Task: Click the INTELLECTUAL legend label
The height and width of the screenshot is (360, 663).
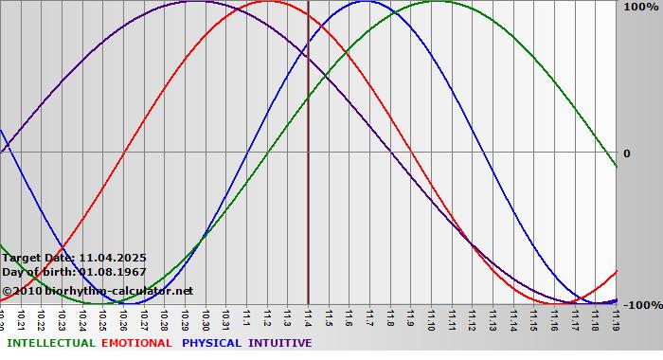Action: point(51,343)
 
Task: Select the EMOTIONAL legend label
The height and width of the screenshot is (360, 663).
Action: point(136,343)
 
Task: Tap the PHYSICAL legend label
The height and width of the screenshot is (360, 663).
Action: point(212,343)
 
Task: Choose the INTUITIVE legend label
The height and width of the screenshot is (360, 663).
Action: point(280,343)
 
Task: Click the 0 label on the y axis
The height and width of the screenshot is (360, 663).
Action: point(626,153)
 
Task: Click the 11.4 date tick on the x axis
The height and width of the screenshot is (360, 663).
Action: point(308,317)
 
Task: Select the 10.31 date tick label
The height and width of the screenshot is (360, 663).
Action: point(225,317)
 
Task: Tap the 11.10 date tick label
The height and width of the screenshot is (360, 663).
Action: point(431,317)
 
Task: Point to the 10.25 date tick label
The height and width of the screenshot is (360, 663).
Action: point(102,317)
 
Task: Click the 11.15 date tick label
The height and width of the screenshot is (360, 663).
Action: point(533,317)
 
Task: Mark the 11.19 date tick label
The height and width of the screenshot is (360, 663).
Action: point(616,317)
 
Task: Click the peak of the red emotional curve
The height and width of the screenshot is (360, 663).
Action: point(267,2)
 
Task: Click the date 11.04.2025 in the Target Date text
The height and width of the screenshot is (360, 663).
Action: point(113,258)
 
